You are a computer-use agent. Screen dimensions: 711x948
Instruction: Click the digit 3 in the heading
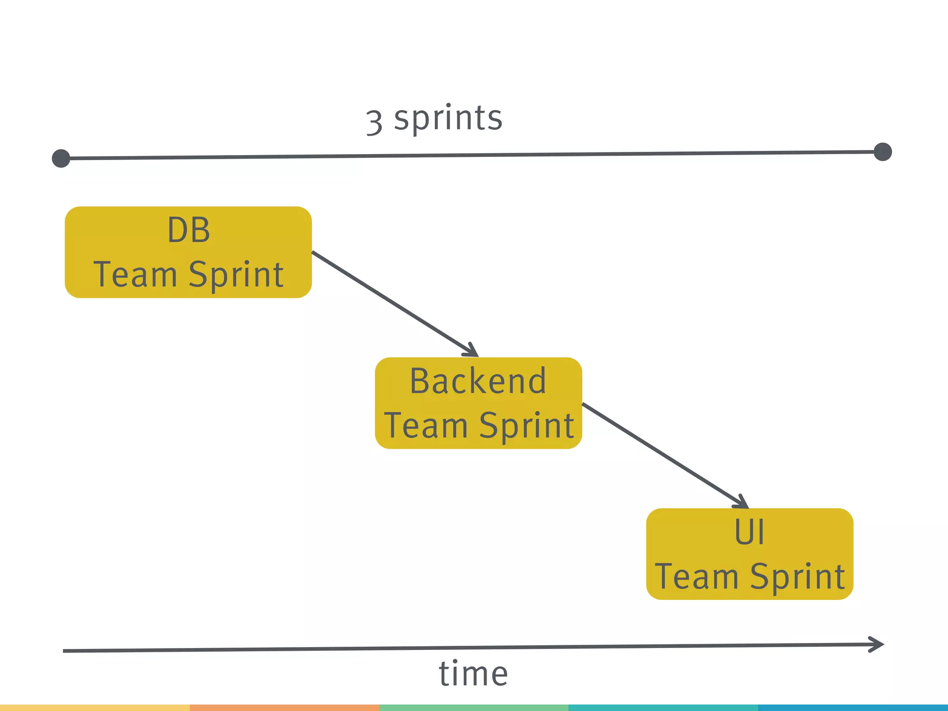374,123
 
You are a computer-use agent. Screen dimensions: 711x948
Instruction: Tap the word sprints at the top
448,118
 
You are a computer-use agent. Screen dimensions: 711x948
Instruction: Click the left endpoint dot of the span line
61,158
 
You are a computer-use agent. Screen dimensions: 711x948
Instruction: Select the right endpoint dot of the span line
883,152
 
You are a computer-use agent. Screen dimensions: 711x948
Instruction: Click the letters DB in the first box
188,230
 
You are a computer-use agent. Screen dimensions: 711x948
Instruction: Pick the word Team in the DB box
136,274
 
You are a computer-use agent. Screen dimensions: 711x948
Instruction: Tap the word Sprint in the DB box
236,275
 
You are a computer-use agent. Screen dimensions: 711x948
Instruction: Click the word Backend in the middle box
478,381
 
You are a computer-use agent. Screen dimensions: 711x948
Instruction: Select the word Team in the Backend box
426,425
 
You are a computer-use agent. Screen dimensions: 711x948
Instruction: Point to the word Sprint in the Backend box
527,426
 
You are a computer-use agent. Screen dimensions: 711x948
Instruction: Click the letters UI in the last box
749,532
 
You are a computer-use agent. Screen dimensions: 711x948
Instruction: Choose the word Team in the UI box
697,576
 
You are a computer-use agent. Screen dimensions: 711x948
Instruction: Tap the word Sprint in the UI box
798,577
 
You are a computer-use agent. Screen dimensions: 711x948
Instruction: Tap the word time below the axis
473,674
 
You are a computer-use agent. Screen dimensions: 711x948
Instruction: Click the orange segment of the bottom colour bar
284,708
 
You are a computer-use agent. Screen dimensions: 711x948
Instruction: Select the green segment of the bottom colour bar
474,708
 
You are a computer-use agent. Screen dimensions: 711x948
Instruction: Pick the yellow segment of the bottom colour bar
94,708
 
